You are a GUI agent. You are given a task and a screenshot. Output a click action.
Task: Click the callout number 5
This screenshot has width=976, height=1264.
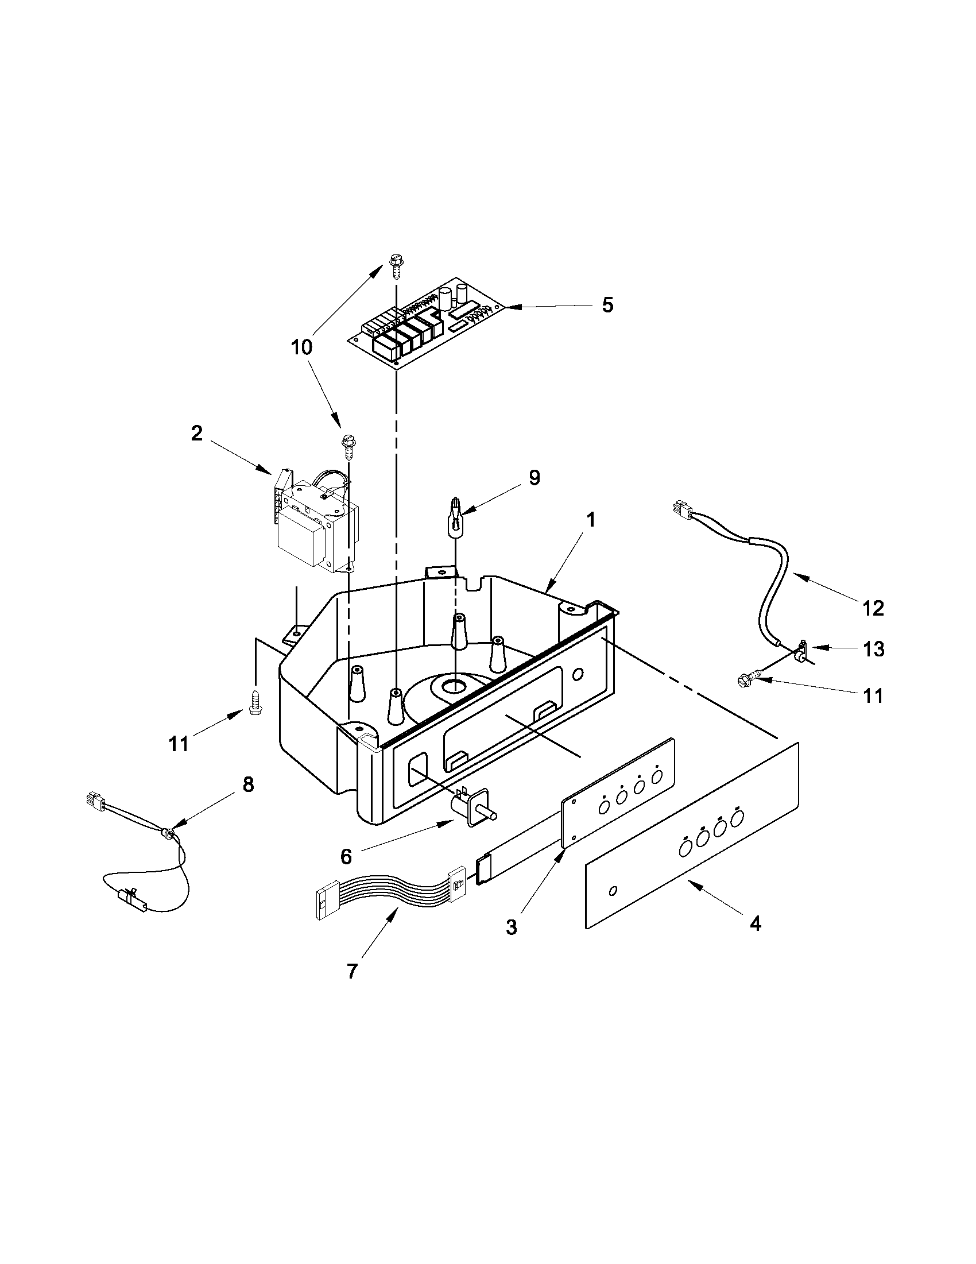pyautogui.click(x=607, y=305)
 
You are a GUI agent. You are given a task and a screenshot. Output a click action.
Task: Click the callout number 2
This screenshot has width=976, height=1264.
pyautogui.click(x=197, y=434)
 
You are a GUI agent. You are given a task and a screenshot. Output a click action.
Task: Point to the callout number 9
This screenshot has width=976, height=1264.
pyautogui.click(x=534, y=477)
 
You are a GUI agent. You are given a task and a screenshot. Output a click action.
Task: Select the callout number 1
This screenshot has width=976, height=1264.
pyautogui.click(x=590, y=520)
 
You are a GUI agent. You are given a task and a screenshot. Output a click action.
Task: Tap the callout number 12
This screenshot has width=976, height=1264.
pyautogui.click(x=873, y=608)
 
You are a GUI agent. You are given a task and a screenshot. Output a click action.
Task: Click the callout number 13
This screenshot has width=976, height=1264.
pyautogui.click(x=874, y=650)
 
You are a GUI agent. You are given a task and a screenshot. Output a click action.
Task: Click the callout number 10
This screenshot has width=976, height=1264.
pyautogui.click(x=301, y=347)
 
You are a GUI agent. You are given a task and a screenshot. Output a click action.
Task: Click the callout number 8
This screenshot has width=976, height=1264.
pyautogui.click(x=247, y=786)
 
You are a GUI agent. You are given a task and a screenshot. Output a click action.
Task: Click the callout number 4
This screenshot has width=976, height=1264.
pyautogui.click(x=755, y=924)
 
